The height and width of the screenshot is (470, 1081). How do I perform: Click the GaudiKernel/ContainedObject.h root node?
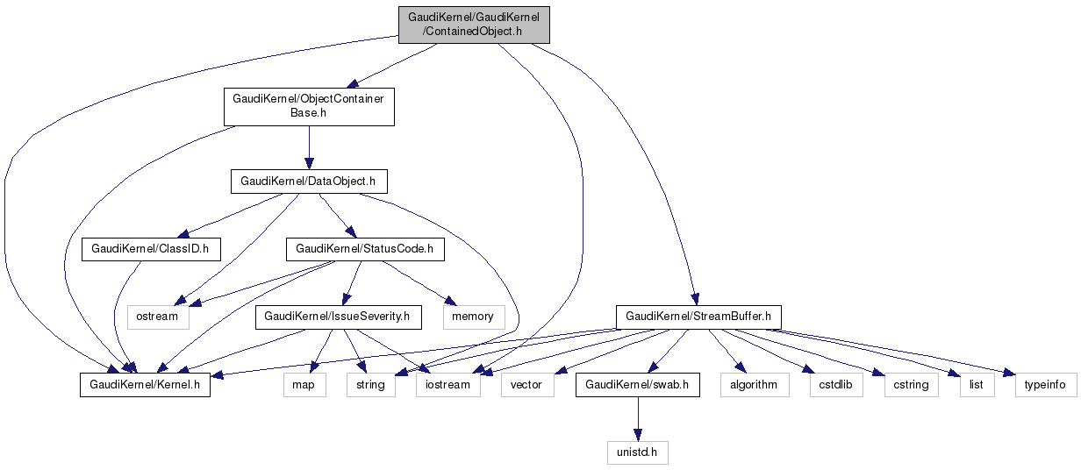[474, 24]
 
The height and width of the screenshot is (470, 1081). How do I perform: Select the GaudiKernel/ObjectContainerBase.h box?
[308, 106]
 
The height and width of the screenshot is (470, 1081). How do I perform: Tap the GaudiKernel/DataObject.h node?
[308, 182]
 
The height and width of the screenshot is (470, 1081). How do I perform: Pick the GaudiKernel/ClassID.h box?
[149, 249]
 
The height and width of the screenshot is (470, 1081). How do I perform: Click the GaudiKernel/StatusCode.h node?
[365, 249]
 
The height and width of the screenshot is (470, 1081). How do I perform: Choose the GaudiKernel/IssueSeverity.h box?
[338, 316]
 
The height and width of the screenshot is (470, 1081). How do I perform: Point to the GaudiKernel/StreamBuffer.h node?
[698, 316]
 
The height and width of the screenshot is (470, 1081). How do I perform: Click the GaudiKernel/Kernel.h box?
[146, 385]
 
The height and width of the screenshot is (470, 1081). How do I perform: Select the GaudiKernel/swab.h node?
[637, 385]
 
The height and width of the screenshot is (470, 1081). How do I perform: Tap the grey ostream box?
[159, 316]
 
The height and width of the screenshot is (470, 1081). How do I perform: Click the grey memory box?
[474, 316]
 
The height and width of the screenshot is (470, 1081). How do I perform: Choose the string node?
[370, 385]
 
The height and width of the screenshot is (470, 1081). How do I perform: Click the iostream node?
[448, 385]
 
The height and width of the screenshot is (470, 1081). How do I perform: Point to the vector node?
[526, 385]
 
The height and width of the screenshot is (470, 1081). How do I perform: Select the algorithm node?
[754, 385]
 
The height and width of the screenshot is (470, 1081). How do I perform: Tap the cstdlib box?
[836, 385]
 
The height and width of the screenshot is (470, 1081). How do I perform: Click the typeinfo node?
[1045, 385]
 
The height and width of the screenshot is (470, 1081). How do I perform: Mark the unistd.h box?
[637, 452]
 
